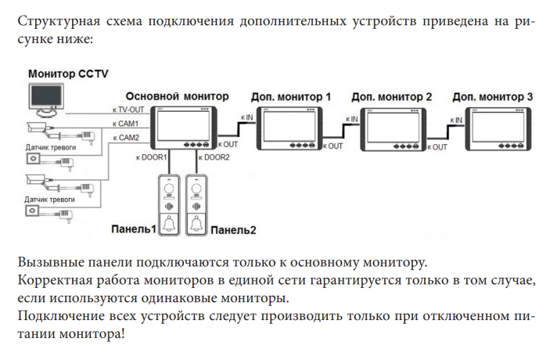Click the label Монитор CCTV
pos(69,74)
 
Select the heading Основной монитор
pos(178,95)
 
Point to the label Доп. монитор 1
pos(290,96)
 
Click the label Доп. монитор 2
pos(392,96)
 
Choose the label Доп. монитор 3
pos(493,96)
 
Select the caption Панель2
pos(234,230)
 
